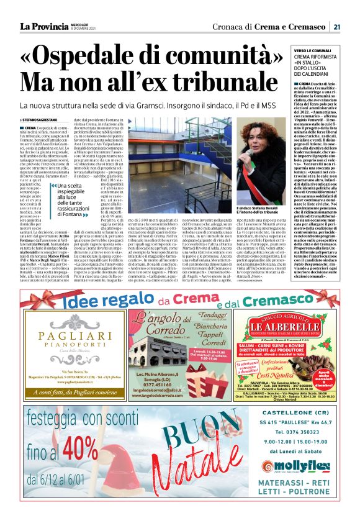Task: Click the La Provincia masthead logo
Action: coord(44,26)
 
